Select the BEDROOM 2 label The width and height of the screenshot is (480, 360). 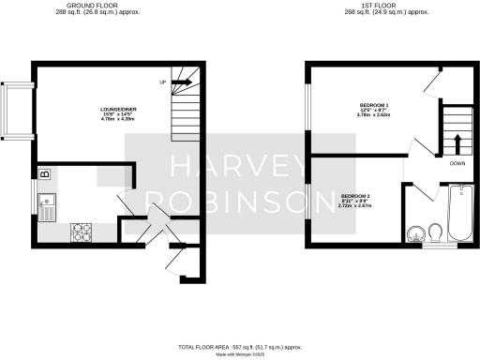click(355, 195)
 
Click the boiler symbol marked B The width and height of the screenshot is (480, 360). click(44, 172)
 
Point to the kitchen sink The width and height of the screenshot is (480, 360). click(47, 205)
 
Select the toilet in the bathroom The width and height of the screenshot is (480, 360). click(436, 231)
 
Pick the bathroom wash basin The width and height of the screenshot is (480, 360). click(416, 232)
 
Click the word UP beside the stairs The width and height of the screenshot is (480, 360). click(163, 82)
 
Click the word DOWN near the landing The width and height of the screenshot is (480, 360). click(457, 163)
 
